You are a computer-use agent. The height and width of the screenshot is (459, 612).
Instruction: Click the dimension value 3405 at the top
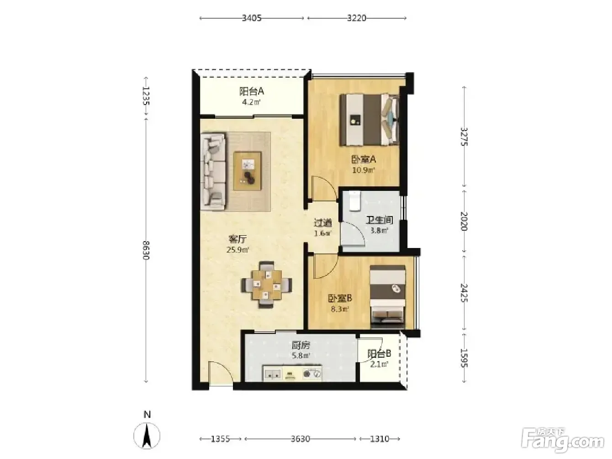tap(252, 18)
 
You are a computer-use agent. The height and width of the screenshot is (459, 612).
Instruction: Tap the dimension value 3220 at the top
tap(357, 18)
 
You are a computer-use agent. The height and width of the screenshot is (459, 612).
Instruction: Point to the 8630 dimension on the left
tap(146, 250)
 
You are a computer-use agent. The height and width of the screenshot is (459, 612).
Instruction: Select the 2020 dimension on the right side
tap(464, 221)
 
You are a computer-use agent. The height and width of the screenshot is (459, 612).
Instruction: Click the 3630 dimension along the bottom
tap(300, 439)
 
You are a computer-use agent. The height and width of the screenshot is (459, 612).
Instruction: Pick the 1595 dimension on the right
tap(464, 358)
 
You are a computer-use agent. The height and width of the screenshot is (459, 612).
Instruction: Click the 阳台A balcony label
tap(252, 91)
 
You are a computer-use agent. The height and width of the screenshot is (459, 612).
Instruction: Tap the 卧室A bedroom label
tap(363, 160)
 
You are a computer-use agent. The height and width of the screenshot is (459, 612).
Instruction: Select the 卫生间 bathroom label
tap(379, 220)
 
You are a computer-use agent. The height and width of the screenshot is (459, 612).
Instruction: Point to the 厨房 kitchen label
tap(301, 346)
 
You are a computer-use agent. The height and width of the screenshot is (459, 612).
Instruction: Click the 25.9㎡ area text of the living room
tap(237, 250)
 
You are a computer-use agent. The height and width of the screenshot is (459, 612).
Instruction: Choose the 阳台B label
tap(379, 354)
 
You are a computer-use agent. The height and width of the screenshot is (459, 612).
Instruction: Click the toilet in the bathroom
tap(355, 201)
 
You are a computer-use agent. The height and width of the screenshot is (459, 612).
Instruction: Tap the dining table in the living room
tap(267, 285)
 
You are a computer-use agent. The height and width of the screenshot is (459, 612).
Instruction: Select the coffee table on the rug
tap(248, 171)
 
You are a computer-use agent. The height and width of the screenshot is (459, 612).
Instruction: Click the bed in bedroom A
tap(369, 119)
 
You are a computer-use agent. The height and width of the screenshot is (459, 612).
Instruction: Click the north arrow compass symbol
tap(147, 438)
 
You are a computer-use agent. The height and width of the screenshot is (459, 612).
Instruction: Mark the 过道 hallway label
tap(323, 223)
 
